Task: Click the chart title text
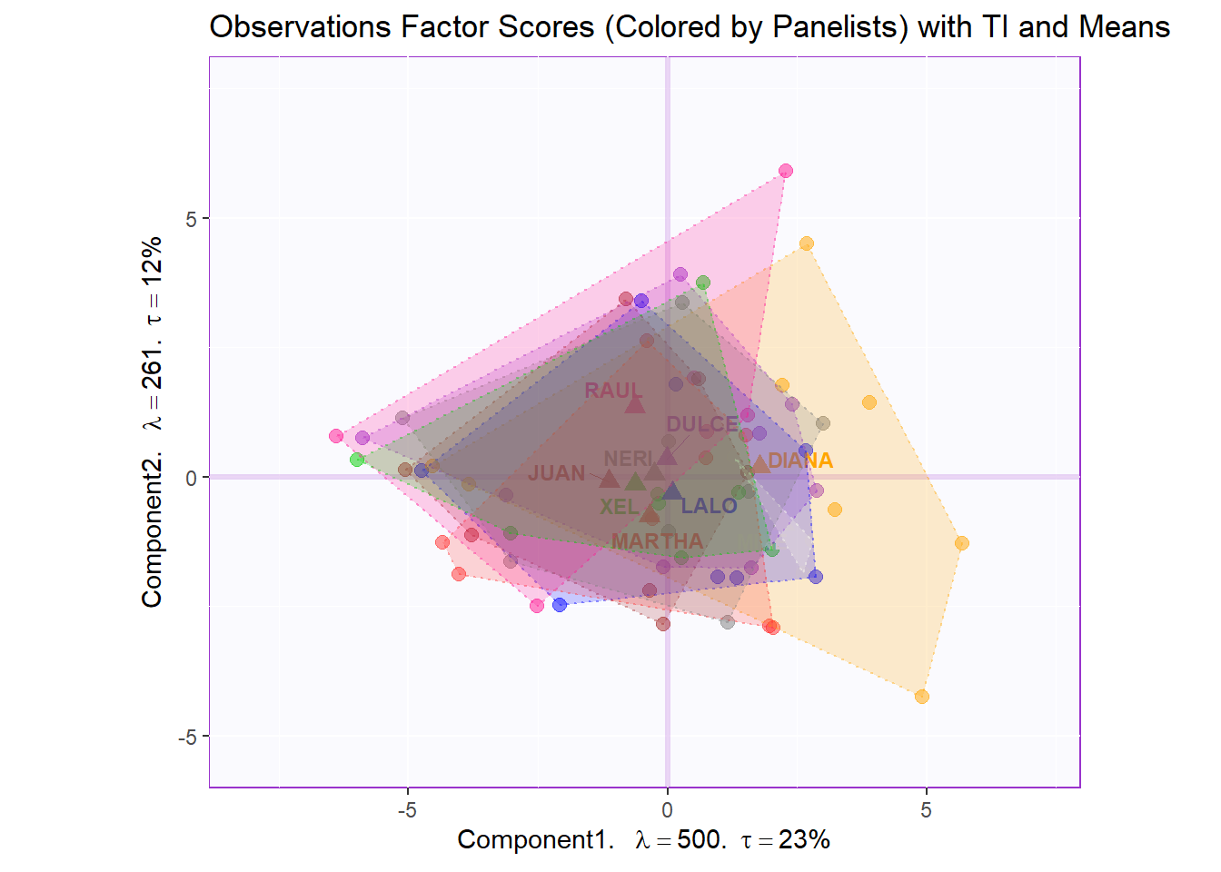click(x=689, y=27)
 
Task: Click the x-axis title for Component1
click(x=643, y=839)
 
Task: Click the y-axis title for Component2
click(x=152, y=421)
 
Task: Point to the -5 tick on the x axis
click(x=407, y=809)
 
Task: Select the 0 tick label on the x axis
click(x=667, y=809)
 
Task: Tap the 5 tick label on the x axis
click(x=926, y=809)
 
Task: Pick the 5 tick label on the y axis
click(x=191, y=219)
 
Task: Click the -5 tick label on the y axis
click(x=187, y=737)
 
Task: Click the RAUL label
click(x=613, y=391)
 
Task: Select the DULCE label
click(x=702, y=424)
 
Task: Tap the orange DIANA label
click(x=800, y=461)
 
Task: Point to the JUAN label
click(x=557, y=473)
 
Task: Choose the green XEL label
click(x=619, y=507)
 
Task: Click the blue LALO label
click(x=709, y=506)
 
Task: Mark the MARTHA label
click(x=657, y=541)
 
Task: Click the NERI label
click(x=628, y=459)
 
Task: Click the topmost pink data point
click(x=786, y=171)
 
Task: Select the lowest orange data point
click(x=922, y=697)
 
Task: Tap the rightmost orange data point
click(x=962, y=543)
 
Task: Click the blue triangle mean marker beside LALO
click(x=671, y=491)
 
